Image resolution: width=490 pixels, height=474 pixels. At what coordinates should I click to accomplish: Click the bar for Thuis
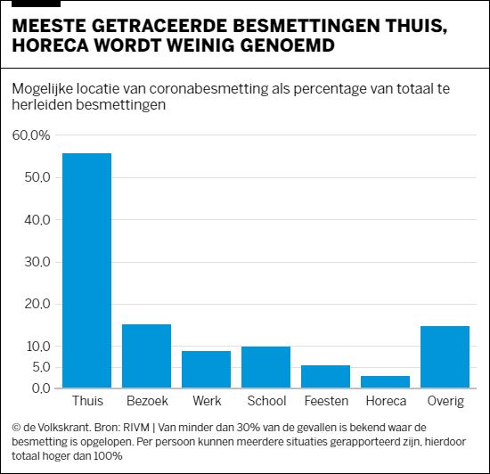click(x=86, y=270)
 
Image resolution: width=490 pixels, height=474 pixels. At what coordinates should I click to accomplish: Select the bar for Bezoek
click(x=146, y=355)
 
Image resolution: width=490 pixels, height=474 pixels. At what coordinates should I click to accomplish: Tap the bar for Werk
click(x=206, y=369)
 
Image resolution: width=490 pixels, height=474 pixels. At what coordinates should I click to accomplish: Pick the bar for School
click(x=265, y=366)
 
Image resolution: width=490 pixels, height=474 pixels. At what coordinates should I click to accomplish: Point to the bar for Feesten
click(x=325, y=376)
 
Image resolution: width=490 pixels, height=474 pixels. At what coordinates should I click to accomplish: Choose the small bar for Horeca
click(x=385, y=381)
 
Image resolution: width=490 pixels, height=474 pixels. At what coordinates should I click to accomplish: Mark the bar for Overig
click(x=445, y=356)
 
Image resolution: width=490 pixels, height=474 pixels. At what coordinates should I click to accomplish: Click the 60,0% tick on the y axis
click(x=31, y=135)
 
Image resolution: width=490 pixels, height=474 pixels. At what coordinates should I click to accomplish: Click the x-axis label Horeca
click(x=385, y=402)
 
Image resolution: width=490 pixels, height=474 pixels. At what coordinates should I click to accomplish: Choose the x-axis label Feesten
click(x=325, y=402)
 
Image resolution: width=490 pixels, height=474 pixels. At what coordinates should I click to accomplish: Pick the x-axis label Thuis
click(x=86, y=402)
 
